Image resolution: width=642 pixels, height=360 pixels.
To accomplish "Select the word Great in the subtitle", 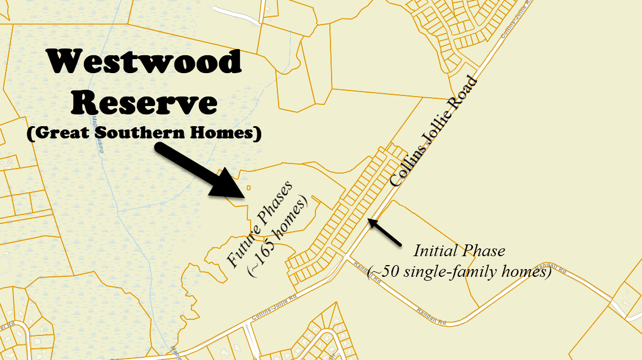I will coord(60,134).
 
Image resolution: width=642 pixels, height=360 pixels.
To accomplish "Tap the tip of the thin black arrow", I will coord(369,221).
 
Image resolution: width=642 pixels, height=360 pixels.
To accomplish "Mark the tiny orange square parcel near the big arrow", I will coord(248,188).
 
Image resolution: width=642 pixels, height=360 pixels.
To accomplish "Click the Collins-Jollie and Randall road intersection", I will coord(348,258).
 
